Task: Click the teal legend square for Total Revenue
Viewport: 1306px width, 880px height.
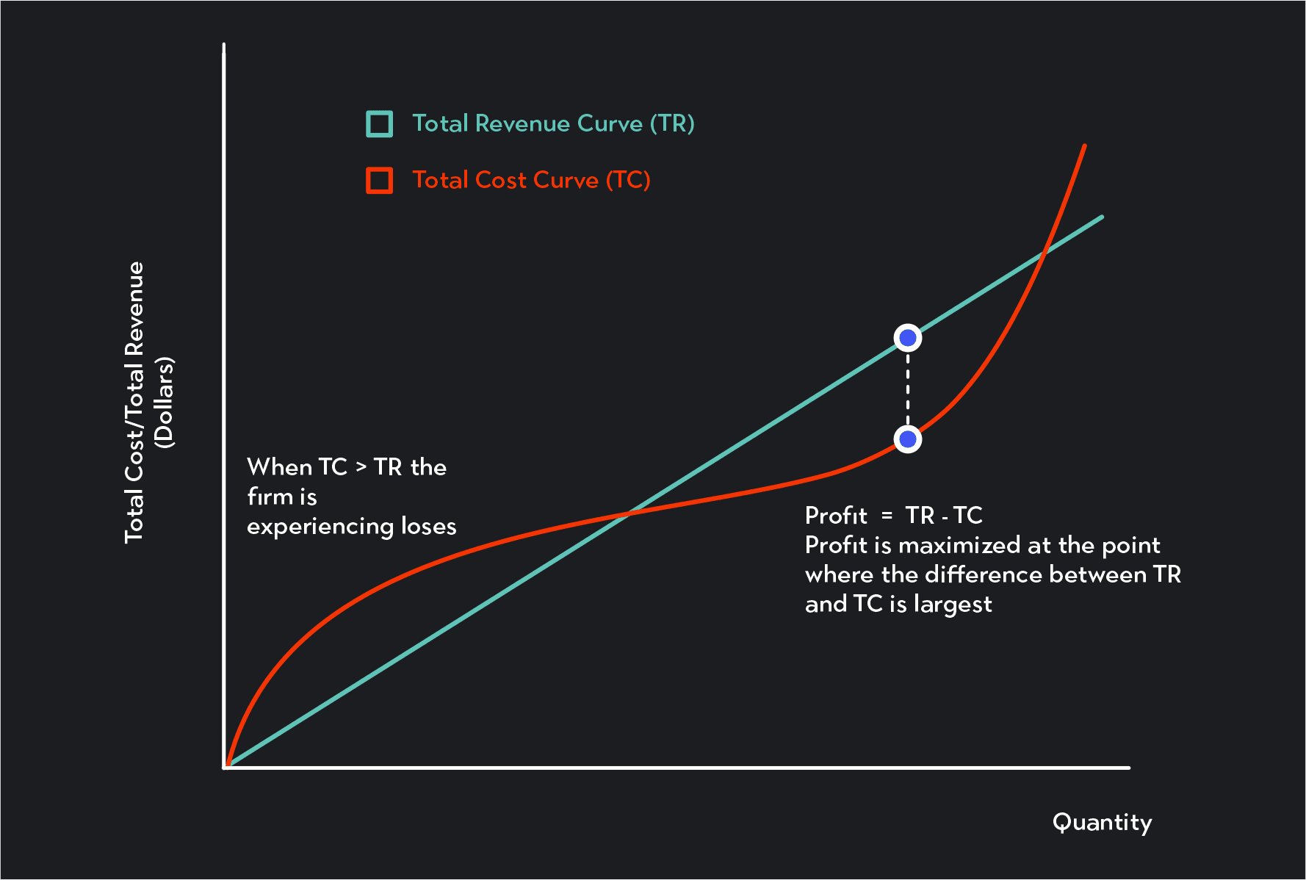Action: tap(379, 124)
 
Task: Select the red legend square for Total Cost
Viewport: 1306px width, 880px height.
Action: tap(379, 180)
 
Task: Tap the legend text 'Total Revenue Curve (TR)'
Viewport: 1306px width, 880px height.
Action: tap(553, 123)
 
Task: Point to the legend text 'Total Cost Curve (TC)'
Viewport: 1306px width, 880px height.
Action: tap(531, 180)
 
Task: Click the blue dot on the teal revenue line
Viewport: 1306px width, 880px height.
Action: tap(908, 338)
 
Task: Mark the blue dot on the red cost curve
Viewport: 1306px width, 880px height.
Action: tap(908, 439)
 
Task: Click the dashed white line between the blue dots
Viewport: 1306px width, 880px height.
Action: tap(908, 389)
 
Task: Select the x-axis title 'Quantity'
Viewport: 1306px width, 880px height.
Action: tap(1102, 822)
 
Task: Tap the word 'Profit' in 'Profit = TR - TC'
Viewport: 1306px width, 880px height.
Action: tap(836, 516)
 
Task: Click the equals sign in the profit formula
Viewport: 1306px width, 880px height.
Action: tap(887, 516)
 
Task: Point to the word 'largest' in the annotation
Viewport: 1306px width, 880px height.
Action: tap(953, 605)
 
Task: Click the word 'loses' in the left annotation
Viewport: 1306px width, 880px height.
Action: tap(428, 526)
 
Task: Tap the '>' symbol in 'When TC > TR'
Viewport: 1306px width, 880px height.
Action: tap(361, 467)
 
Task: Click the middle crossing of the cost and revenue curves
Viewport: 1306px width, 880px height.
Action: tap(629, 513)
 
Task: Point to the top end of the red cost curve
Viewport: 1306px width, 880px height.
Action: tap(1084, 146)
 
